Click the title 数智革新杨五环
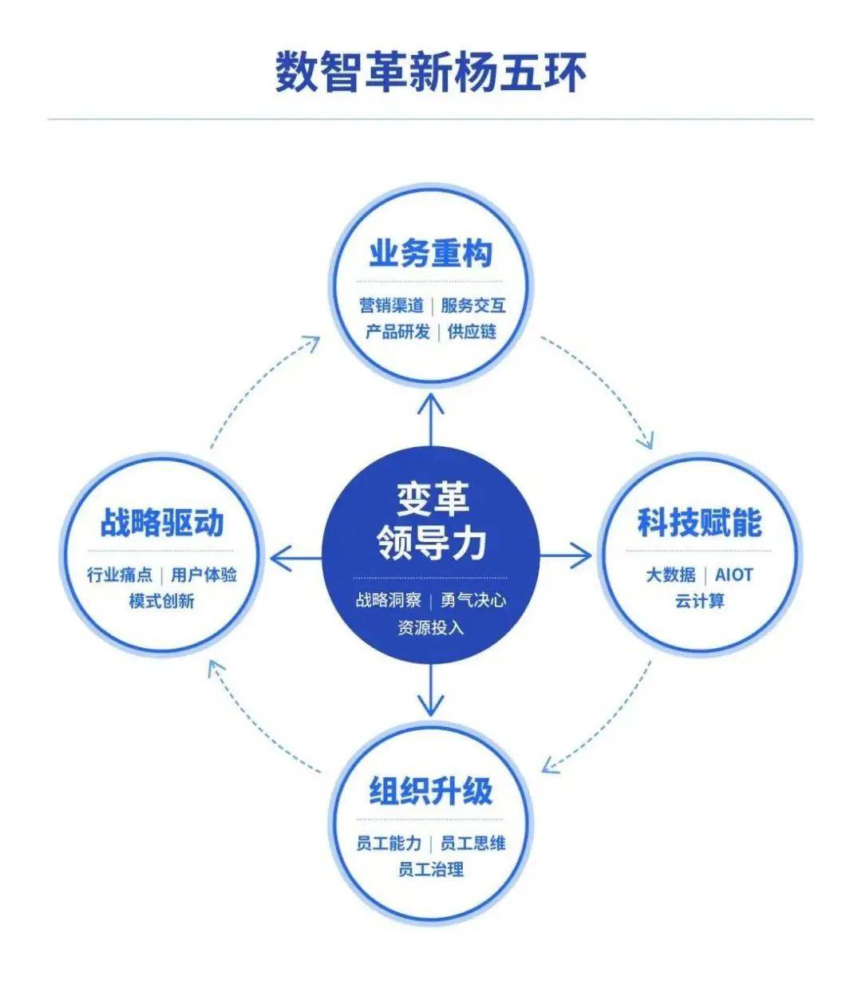[430, 73]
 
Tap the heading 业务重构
[430, 254]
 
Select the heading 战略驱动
[161, 523]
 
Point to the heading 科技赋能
[700, 523]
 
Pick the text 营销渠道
[392, 306]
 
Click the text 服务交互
[473, 306]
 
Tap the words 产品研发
[397, 332]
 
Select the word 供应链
[472, 332]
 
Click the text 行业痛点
[120, 575]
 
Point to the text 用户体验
[204, 575]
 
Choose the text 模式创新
[161, 601]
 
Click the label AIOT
[733, 575]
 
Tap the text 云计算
[700, 601]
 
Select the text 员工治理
[430, 869]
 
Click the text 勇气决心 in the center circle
[473, 600]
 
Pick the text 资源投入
[430, 627]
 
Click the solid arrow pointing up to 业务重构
[430, 420]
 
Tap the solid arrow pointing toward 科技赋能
[566, 555]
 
